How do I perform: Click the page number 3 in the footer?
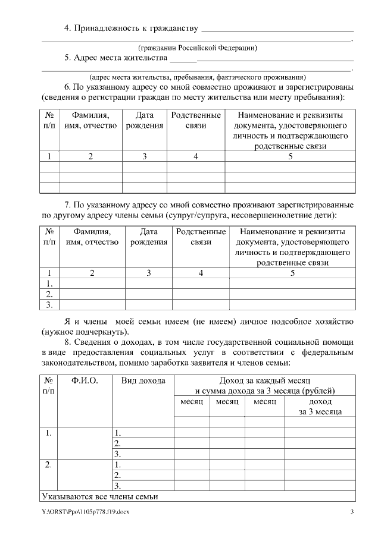coord(352,512)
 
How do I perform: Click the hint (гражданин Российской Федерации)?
coord(198,48)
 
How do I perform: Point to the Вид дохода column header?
coord(143,380)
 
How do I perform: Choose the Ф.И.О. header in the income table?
coord(84,380)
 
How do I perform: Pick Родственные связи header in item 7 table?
coord(201,237)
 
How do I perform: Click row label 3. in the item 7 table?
coord(50,305)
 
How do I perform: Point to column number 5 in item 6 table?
coord(290,156)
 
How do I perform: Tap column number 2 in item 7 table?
coord(92,273)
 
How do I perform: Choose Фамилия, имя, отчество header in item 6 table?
coord(90,120)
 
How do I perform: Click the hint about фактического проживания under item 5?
coord(197,77)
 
